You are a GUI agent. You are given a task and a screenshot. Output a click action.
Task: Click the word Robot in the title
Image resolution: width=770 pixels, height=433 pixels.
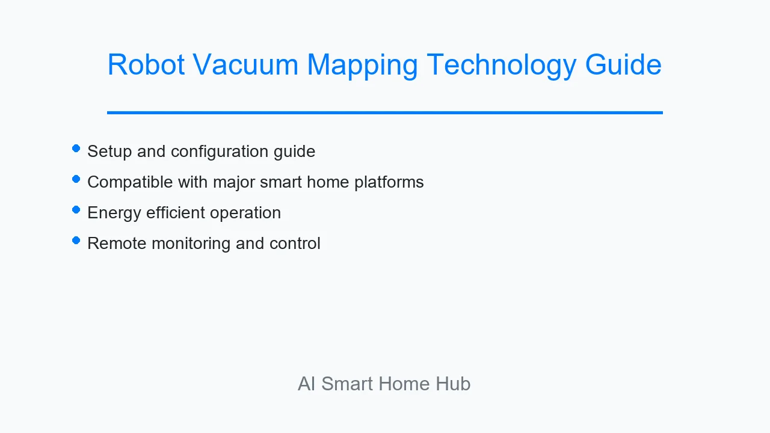point(146,64)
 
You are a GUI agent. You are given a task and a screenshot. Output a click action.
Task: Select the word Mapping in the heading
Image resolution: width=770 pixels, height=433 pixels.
point(362,66)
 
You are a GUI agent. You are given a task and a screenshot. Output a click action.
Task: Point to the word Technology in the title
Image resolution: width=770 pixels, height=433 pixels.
point(502,66)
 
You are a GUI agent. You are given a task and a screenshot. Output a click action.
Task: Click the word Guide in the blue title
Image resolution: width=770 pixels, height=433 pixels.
point(623,64)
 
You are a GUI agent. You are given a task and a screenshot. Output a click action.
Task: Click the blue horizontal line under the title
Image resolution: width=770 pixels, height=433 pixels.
point(385,112)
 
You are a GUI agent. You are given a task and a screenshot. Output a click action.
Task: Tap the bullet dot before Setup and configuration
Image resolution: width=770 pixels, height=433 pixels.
point(76,149)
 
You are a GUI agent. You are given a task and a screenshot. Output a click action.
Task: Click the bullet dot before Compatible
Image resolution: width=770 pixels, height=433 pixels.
point(76,179)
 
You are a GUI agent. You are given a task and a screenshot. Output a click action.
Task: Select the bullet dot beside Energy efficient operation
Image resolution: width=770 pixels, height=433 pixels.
point(76,210)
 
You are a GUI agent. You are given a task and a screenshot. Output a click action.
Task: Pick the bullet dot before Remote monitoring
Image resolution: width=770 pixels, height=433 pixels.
point(76,240)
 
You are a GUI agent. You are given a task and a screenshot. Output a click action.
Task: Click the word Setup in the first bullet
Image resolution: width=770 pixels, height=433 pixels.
point(109,152)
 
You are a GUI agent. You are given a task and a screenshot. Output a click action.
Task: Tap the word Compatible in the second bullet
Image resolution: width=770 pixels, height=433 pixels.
point(130,182)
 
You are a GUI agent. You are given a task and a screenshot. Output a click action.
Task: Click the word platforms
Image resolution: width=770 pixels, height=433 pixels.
point(389,182)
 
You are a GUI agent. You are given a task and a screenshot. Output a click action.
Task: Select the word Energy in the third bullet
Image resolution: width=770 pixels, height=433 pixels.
point(114,213)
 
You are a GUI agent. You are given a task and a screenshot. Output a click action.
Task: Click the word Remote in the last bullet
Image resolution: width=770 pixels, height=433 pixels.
point(117,244)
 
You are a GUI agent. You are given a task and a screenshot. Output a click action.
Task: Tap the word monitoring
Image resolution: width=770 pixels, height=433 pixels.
point(191,244)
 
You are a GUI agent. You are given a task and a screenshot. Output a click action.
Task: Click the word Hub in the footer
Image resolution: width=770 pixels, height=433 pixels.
point(453,384)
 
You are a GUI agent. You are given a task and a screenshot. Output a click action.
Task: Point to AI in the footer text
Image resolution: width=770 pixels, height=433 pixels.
point(306,384)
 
